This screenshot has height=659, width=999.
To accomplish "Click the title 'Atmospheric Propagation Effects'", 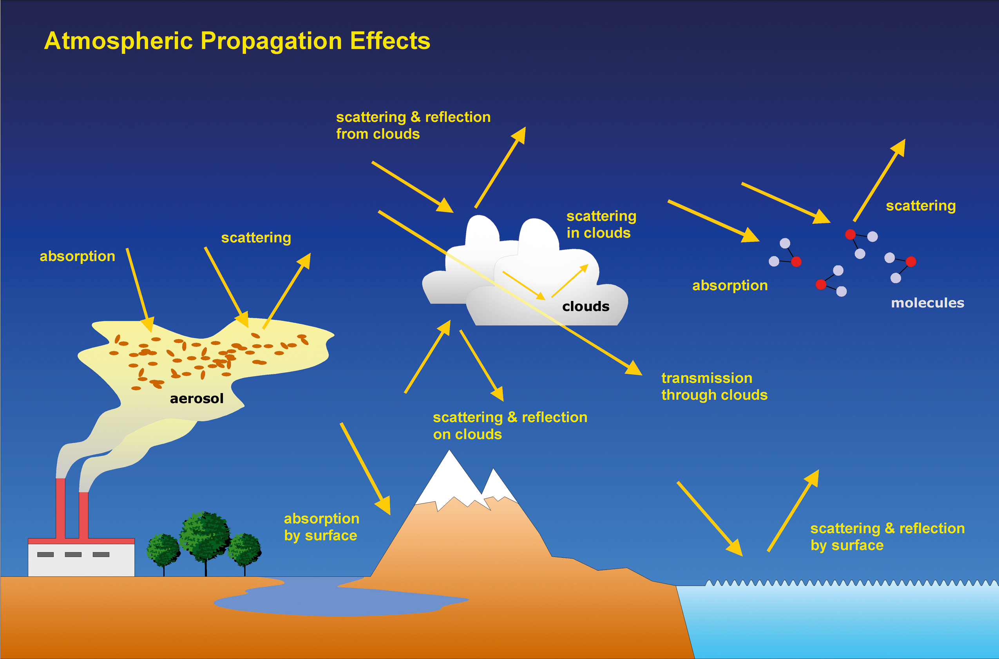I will point(237,41).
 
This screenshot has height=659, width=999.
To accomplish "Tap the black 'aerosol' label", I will point(196,398).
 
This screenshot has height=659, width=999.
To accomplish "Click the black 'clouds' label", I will point(585,306).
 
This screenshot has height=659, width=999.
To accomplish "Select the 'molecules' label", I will point(927,303).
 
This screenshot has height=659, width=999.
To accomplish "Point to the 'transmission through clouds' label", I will point(714,387).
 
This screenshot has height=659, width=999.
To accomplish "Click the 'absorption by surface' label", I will point(322,527).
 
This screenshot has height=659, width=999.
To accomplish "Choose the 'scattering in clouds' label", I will point(601,224).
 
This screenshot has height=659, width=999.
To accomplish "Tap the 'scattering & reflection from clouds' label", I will point(413,125).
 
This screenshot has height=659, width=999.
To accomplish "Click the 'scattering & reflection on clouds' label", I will point(510,426).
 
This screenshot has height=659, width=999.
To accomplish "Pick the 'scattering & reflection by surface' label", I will point(887,537).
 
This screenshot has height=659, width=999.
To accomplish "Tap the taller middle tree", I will point(205,536).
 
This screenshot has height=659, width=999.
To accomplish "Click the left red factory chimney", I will point(60,509).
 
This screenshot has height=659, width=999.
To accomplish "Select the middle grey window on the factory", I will point(73,555).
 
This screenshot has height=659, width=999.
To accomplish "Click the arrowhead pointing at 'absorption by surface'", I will point(384,506).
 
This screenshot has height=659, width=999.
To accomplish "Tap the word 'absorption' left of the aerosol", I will point(77,256).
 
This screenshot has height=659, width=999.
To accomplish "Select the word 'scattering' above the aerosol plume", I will point(256,238).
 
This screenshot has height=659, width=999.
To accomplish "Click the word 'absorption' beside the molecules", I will point(729,286).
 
